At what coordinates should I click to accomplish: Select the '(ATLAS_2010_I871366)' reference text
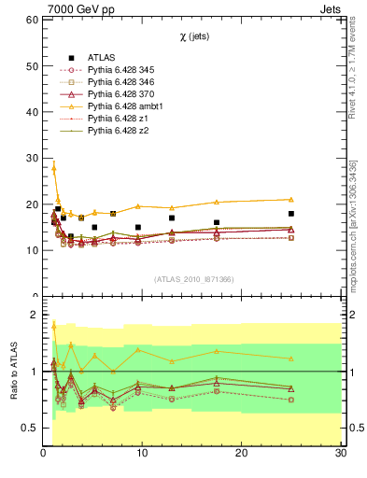(192, 279)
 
